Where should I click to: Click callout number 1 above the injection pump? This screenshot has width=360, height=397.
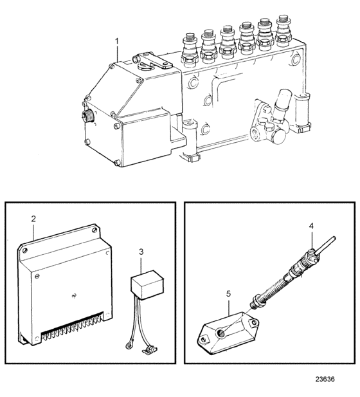(117, 41)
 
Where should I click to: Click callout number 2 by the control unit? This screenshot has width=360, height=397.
(33, 219)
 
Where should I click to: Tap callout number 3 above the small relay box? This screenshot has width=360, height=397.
(141, 252)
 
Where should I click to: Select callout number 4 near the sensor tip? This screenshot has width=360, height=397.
(311, 226)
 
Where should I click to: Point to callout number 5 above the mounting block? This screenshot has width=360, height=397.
(228, 293)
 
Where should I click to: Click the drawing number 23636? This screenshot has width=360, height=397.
(325, 379)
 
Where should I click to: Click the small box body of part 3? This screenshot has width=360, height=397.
(147, 285)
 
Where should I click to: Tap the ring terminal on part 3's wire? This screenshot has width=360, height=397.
(129, 345)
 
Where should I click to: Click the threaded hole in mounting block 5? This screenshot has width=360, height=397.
(221, 333)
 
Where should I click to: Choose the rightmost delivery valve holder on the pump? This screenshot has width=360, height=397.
(284, 30)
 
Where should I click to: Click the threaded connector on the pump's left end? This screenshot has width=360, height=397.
(88, 115)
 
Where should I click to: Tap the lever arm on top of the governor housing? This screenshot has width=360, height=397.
(153, 60)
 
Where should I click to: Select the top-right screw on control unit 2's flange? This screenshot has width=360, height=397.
(95, 230)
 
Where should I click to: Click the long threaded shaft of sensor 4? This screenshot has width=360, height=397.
(270, 289)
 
